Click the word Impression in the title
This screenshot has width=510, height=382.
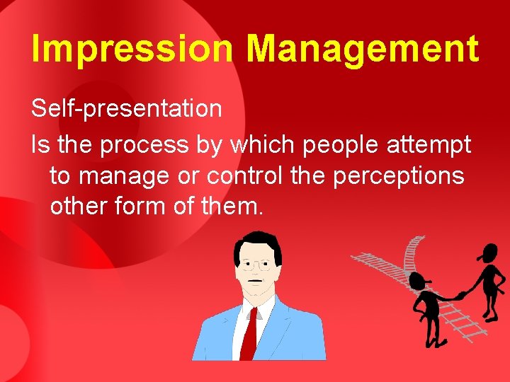(132, 50)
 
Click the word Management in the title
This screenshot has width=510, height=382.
(362, 50)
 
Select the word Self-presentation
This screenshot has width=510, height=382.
(127, 109)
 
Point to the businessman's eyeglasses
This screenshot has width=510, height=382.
(256, 266)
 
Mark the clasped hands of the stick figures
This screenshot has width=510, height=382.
(460, 294)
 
